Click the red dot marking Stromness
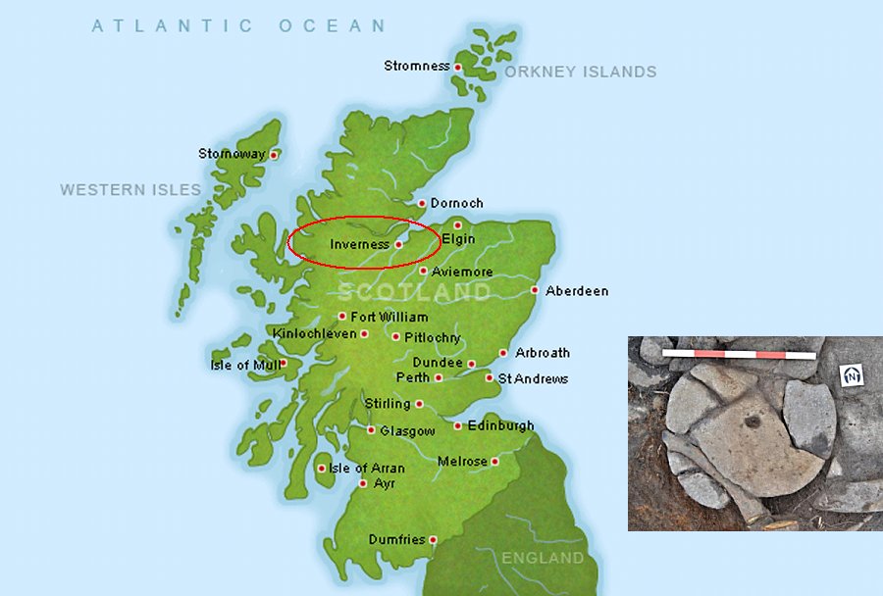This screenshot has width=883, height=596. pyautogui.click(x=458, y=67)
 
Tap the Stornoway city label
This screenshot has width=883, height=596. pyautogui.click(x=232, y=154)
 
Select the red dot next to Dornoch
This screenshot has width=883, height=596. pyautogui.click(x=422, y=204)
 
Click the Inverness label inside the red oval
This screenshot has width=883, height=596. pyautogui.click(x=359, y=244)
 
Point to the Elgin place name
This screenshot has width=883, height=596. pyautogui.click(x=458, y=239)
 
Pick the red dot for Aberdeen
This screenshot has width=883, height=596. pyautogui.click(x=535, y=290)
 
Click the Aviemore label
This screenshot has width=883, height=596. pyautogui.click(x=462, y=272)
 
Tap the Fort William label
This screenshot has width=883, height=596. pyautogui.click(x=390, y=317)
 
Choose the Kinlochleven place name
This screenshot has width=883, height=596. pyautogui.click(x=314, y=334)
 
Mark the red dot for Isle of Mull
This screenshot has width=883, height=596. pyautogui.click(x=283, y=365)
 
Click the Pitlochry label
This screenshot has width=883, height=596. pyautogui.click(x=433, y=337)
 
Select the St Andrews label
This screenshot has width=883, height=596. pyautogui.click(x=533, y=378)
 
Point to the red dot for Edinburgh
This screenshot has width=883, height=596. pyautogui.click(x=457, y=425)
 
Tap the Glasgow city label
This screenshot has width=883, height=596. pyautogui.click(x=407, y=431)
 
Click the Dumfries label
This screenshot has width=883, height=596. pyautogui.click(x=396, y=540)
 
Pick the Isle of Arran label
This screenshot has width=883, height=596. pyautogui.click(x=367, y=469)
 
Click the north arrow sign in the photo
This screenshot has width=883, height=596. pyautogui.click(x=853, y=375)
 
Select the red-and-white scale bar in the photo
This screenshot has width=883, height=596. pyautogui.click(x=739, y=353)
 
